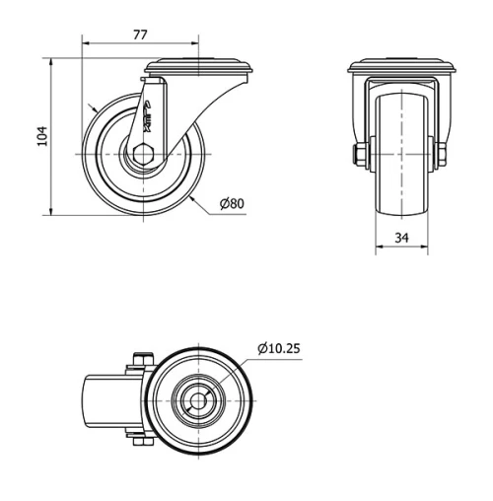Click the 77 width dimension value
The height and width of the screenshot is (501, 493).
pyautogui.click(x=140, y=35)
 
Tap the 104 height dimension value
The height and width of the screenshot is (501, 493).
pyautogui.click(x=42, y=136)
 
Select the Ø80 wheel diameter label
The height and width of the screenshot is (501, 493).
pyautogui.click(x=232, y=204)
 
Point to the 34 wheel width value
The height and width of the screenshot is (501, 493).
pyautogui.click(x=401, y=238)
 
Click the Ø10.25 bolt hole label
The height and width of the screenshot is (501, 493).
pyautogui.click(x=279, y=348)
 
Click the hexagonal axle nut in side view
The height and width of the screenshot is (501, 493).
pyautogui.click(x=144, y=154)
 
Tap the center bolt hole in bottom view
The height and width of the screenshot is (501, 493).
pyautogui.click(x=199, y=401)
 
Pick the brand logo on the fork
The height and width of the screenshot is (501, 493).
pyautogui.click(x=147, y=116)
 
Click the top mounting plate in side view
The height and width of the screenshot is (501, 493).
pyautogui.click(x=199, y=66)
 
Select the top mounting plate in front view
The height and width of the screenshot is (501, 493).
pyautogui.click(x=402, y=66)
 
